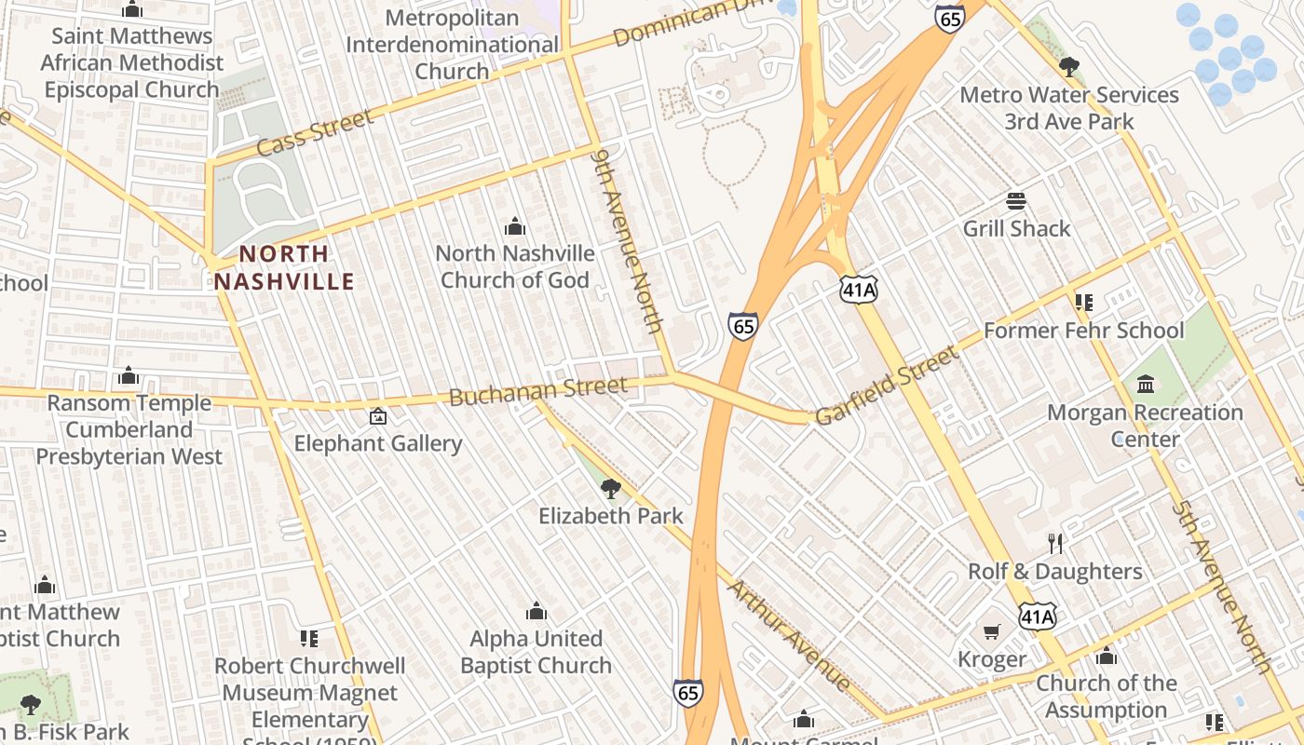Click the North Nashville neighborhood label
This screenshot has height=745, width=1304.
(284, 267)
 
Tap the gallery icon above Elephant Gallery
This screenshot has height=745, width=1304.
(378, 416)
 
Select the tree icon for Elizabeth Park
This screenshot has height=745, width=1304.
(611, 488)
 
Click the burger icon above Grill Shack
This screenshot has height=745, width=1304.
(1016, 201)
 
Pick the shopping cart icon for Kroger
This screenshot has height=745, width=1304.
(992, 632)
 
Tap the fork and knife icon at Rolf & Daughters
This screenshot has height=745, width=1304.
(1055, 543)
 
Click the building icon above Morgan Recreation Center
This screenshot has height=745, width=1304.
(1146, 384)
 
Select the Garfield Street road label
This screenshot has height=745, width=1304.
(886, 385)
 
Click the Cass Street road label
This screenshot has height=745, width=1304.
(314, 132)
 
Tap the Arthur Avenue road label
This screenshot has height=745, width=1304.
(789, 635)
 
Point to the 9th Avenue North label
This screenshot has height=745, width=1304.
(630, 240)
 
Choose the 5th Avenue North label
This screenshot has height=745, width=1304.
(1222, 587)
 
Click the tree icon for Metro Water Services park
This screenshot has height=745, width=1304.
(1069, 66)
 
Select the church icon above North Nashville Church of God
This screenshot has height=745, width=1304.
(515, 225)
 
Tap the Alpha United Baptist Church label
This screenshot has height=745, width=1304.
(536, 652)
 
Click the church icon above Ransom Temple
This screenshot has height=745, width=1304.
(129, 375)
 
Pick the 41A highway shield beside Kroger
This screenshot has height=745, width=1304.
(1037, 616)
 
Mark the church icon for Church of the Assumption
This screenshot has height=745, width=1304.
(1107, 656)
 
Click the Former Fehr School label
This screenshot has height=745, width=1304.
(1084, 331)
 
